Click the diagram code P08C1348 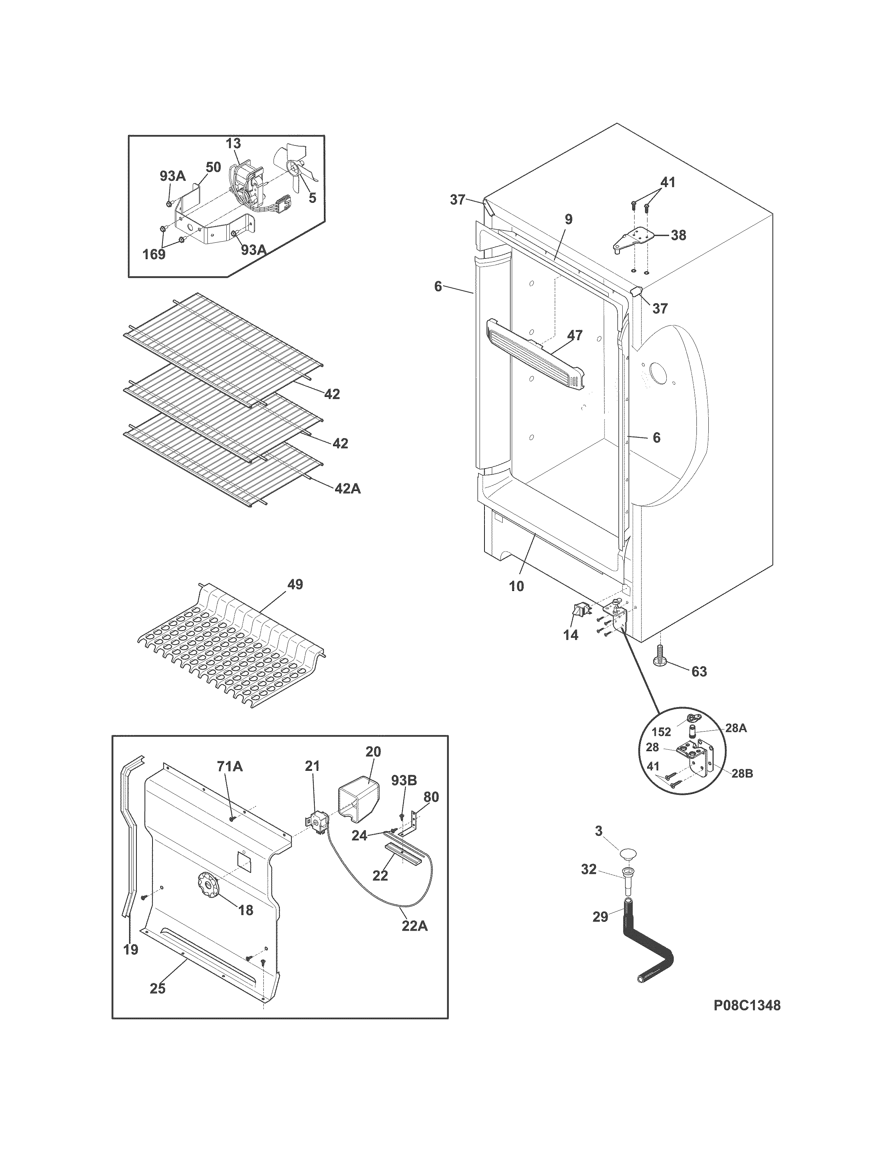[747, 1005]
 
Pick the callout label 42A [347, 489]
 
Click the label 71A [229, 766]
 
